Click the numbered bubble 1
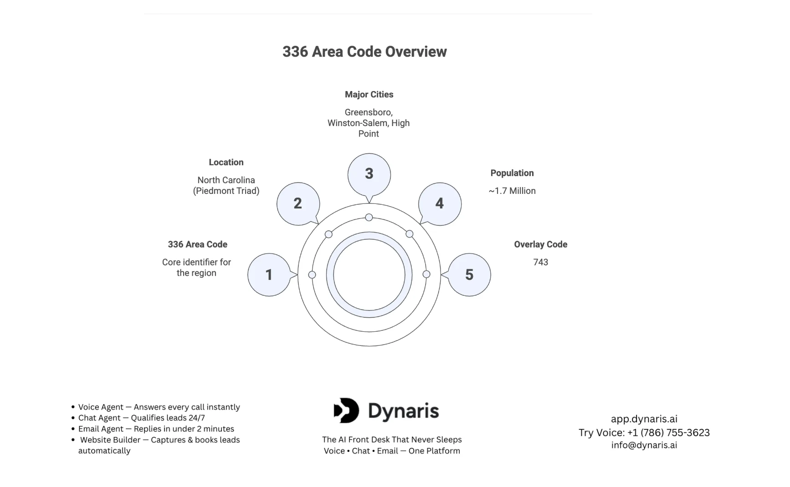[269, 274]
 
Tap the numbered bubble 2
[298, 203]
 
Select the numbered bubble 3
[369, 174]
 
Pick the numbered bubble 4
[440, 203]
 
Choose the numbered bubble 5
[469, 274]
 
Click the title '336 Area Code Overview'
[364, 52]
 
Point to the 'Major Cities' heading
[369, 95]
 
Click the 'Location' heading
[226, 162]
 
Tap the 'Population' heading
[512, 173]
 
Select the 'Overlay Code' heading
[540, 244]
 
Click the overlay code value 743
[540, 262]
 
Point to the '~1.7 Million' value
[512, 191]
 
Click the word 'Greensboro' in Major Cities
[368, 112]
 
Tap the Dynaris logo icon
[346, 411]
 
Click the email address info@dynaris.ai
[644, 445]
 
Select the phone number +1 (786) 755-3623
[668, 432]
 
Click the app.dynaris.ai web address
[644, 419]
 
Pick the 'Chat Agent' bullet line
[141, 418]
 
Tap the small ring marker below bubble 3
[369, 218]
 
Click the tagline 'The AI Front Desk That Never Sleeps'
[392, 440]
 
